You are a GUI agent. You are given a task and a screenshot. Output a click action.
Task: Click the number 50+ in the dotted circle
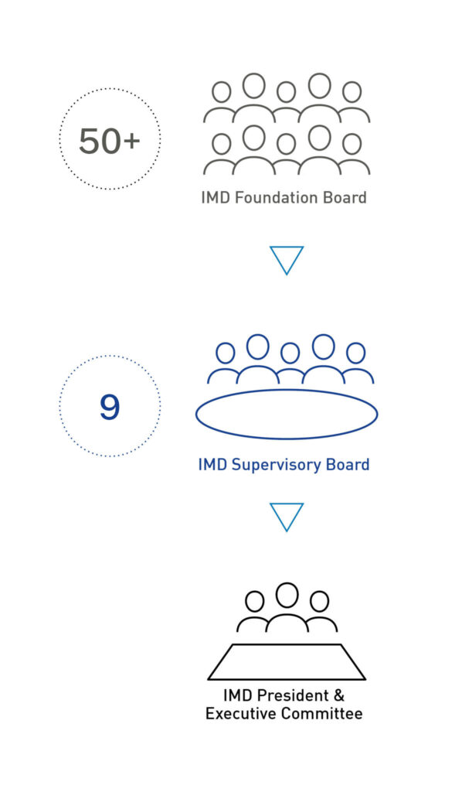click(x=110, y=141)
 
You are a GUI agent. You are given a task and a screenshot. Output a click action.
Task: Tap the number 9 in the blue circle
click(x=110, y=407)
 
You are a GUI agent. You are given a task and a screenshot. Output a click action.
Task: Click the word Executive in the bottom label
click(x=241, y=714)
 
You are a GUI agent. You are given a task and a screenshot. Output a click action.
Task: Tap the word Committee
click(x=322, y=714)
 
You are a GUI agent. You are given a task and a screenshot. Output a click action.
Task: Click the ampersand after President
click(x=338, y=695)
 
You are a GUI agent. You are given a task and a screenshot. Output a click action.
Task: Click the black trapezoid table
click(x=287, y=678)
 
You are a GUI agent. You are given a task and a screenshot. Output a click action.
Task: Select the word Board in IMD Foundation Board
click(x=345, y=197)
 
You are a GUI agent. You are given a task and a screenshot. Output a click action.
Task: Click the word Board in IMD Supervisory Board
click(x=349, y=464)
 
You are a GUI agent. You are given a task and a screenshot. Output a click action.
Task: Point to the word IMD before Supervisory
click(x=212, y=464)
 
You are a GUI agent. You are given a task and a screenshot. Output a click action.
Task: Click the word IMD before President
click(x=238, y=695)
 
